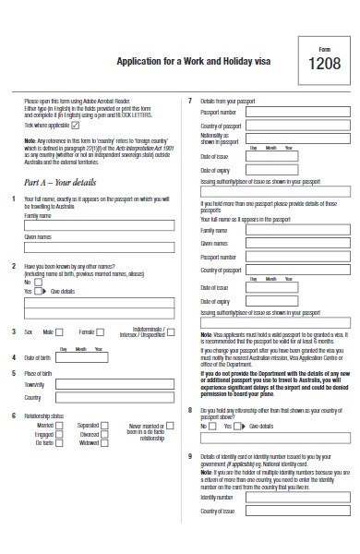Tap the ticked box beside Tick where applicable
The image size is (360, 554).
click(75, 124)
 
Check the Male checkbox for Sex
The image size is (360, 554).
click(60, 332)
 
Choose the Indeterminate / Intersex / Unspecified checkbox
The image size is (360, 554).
click(173, 332)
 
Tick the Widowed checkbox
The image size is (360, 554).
click(104, 442)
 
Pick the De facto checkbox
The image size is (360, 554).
click(59, 442)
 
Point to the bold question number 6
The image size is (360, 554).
click(13, 416)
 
